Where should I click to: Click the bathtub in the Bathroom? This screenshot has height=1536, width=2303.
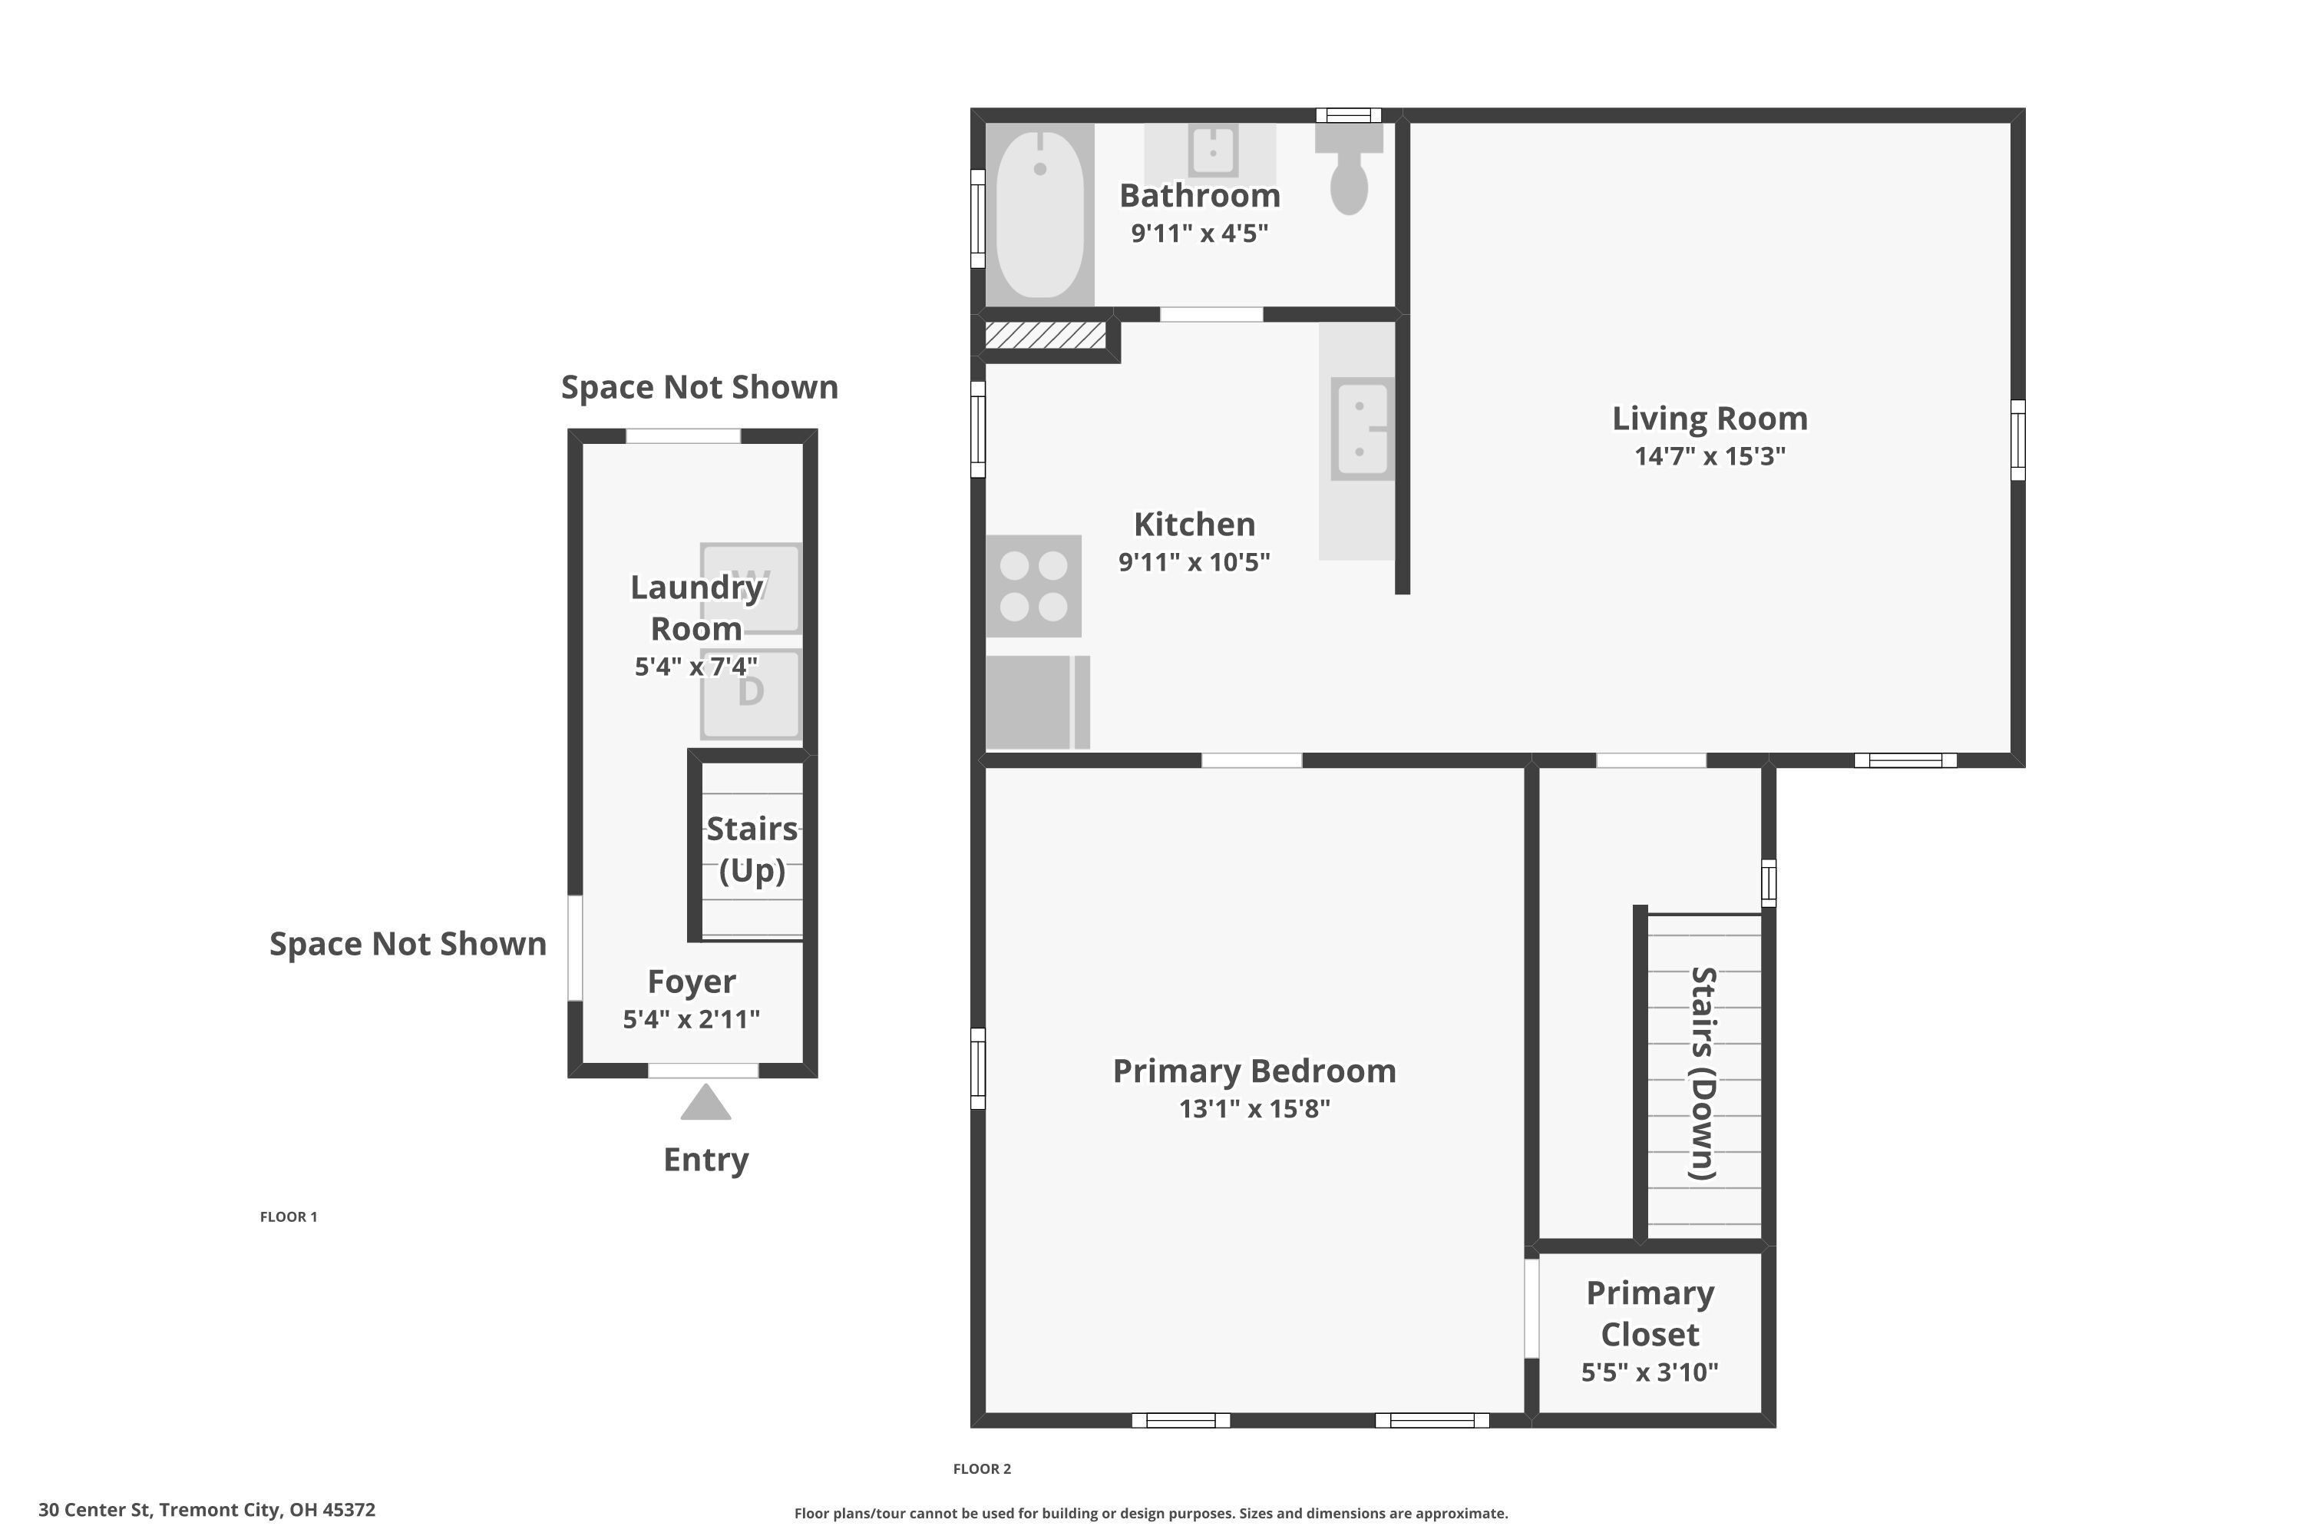[x=1040, y=214]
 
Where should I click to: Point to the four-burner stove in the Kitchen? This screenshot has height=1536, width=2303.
[x=1033, y=586]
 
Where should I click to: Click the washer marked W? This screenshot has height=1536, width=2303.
[x=751, y=588]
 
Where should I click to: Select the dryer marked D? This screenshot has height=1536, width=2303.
[x=751, y=694]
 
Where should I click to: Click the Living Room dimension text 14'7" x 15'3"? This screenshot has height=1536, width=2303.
[x=1710, y=456]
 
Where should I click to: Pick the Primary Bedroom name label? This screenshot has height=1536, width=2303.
[x=1254, y=1071]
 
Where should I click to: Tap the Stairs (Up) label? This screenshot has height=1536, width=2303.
[x=752, y=849]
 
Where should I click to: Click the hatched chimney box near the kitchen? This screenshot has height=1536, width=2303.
[x=1045, y=335]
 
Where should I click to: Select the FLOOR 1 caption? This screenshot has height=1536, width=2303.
[x=289, y=1217]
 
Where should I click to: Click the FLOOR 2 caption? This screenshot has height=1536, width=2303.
[x=982, y=1468]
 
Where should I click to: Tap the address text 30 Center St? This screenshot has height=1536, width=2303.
[x=207, y=1510]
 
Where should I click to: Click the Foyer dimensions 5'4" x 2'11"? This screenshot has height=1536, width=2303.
[x=692, y=1020]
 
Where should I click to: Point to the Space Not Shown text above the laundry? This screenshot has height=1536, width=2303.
[x=699, y=387]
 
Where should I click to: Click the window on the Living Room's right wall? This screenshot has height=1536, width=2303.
[x=2017, y=440]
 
